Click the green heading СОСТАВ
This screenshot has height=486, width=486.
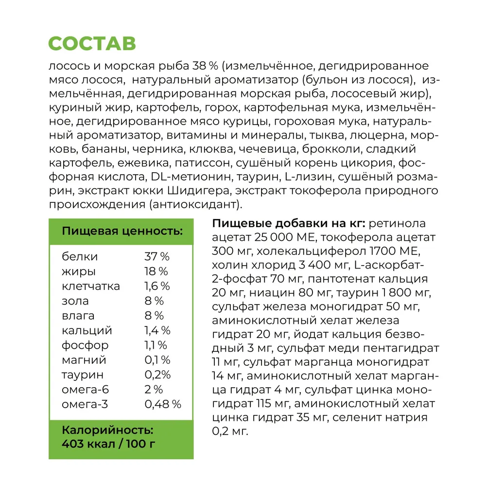[92, 43]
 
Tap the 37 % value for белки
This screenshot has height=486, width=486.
[156, 256]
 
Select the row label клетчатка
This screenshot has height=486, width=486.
[91, 286]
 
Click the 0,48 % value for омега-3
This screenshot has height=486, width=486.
[163, 404]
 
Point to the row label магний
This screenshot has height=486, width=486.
[84, 360]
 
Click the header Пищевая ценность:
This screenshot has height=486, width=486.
[122, 231]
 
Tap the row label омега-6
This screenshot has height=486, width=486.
[85, 390]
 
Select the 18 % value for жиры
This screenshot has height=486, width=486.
[156, 271]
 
